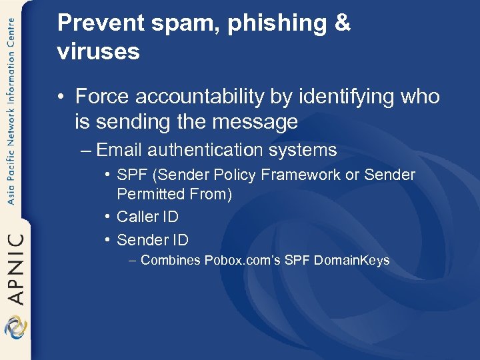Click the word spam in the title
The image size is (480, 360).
193,23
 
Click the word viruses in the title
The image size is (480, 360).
99,52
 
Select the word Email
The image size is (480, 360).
119,150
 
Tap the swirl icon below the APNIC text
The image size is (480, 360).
15,328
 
